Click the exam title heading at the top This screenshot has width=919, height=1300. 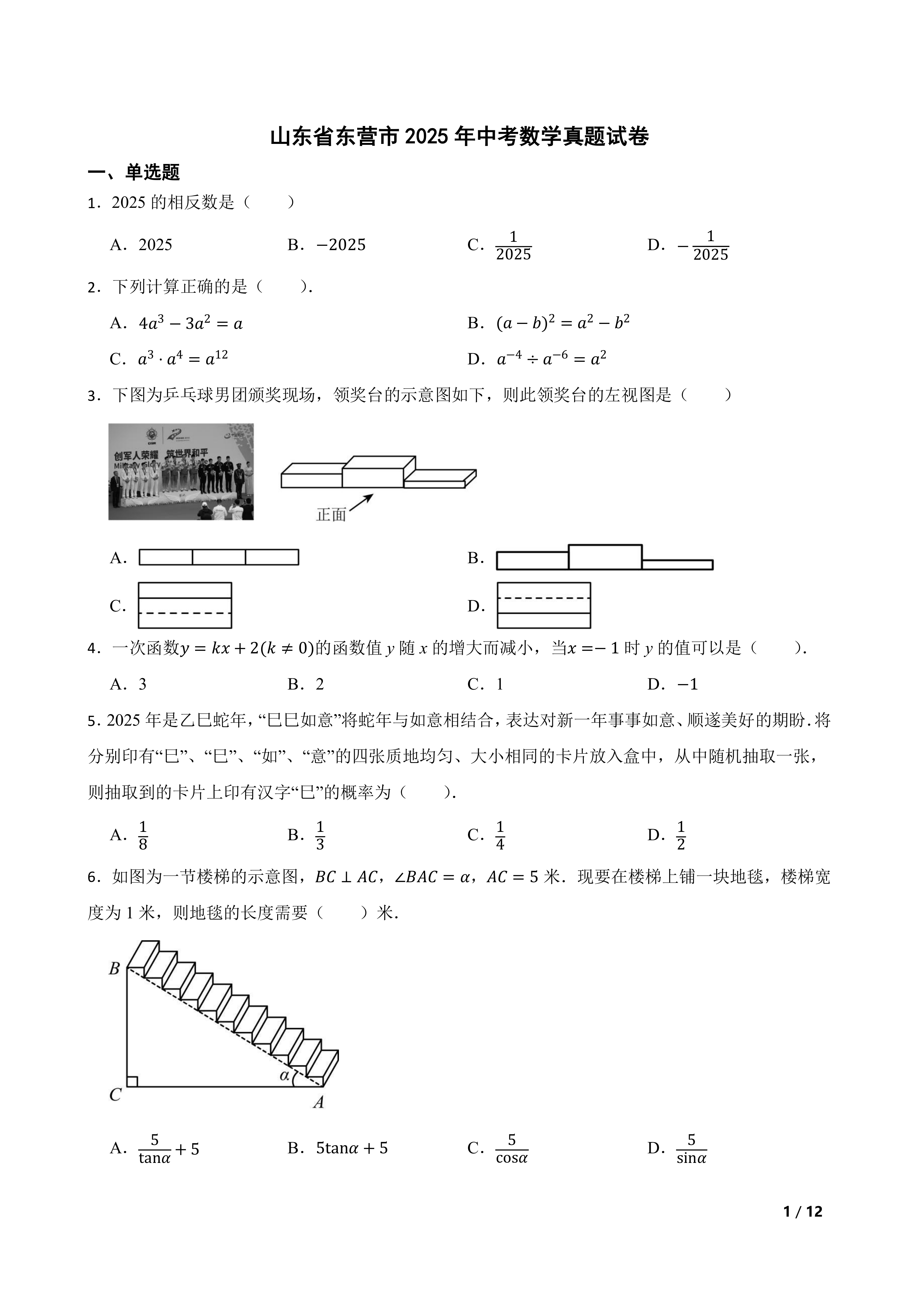tap(459, 137)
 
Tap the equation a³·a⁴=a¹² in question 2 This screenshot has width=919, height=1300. tap(183, 359)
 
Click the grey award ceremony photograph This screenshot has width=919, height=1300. tap(181, 471)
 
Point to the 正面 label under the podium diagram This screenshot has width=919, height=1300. tap(331, 515)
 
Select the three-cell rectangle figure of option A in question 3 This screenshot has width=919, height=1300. tap(219, 557)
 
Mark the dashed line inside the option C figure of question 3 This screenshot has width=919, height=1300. tap(185, 613)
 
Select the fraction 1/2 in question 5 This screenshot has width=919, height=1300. tap(681, 836)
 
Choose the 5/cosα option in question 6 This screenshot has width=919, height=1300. tap(512, 1149)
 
